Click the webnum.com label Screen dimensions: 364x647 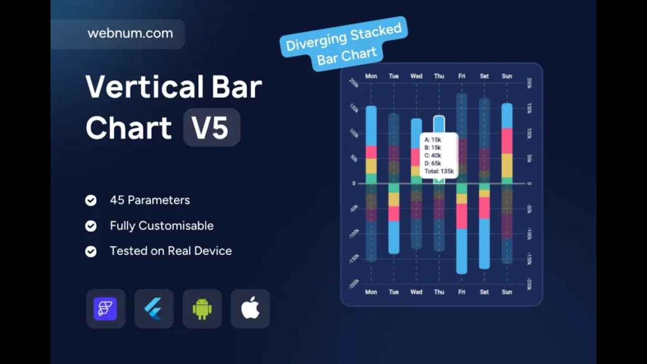pos(130,34)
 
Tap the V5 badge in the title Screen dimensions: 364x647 pos(211,127)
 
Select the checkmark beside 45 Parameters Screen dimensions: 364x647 pos(91,201)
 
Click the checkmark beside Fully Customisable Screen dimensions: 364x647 pos(91,226)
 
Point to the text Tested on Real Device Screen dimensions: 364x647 pos(170,251)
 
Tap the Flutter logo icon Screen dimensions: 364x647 pos(154,308)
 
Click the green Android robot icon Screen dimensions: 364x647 pos(202,308)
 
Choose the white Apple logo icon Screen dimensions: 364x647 pos(250,308)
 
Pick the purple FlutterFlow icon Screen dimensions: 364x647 pos(105,308)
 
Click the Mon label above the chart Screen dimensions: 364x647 pos(371,76)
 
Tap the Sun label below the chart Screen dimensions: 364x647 pos(506,292)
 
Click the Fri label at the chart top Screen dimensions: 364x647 pos(461,76)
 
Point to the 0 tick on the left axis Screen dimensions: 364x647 pos(354,184)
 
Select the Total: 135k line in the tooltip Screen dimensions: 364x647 pos(439,171)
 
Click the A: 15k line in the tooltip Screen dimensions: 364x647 pos(433,140)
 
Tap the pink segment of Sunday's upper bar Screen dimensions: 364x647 pos(507,141)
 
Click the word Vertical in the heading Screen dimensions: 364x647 pos(144,87)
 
